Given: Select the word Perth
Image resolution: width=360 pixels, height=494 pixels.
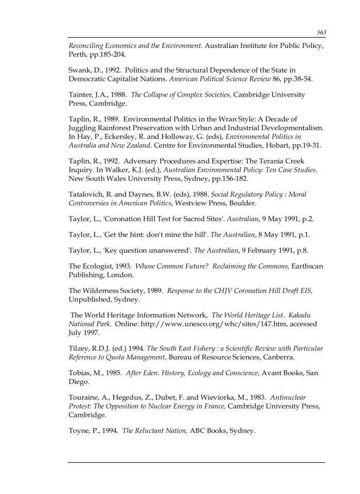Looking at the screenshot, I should [x=78, y=54].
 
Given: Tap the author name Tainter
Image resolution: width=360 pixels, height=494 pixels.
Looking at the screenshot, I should [x=81, y=95].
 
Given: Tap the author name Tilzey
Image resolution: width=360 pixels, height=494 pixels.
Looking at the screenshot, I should [x=80, y=348].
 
